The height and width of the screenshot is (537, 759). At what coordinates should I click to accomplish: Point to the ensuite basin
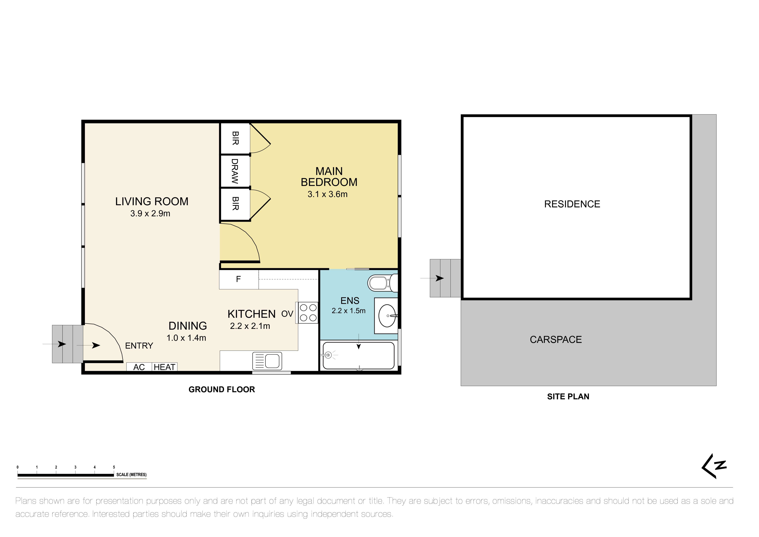[387, 316]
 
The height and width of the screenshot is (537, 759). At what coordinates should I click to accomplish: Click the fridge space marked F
[238, 279]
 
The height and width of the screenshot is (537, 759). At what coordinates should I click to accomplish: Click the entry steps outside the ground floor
[67, 344]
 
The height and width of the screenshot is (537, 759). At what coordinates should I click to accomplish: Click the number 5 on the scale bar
[114, 467]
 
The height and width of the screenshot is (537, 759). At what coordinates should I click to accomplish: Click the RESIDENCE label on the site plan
[572, 204]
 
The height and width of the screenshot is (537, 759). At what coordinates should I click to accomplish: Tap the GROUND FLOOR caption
[222, 390]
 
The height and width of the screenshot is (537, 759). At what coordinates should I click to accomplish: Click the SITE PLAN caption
[568, 397]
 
